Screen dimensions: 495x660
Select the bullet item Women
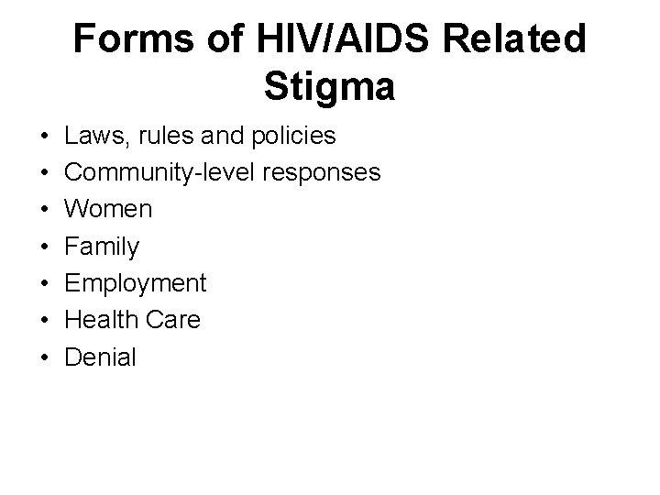108,210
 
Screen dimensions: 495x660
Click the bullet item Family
102,247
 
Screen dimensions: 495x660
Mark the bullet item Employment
136,283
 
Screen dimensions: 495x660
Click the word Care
174,320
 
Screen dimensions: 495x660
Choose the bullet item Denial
100,357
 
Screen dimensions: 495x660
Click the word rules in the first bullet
163,137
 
